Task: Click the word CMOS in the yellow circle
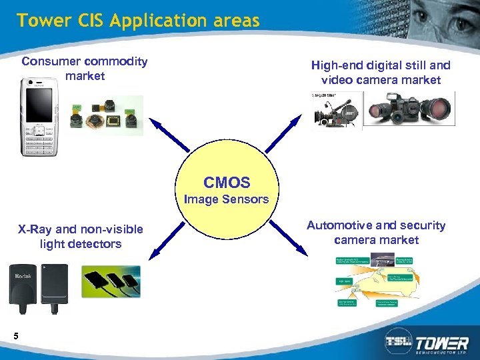227,183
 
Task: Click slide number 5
15,335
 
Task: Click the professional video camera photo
337,110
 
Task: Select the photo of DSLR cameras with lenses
410,108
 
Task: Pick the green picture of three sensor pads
111,281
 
